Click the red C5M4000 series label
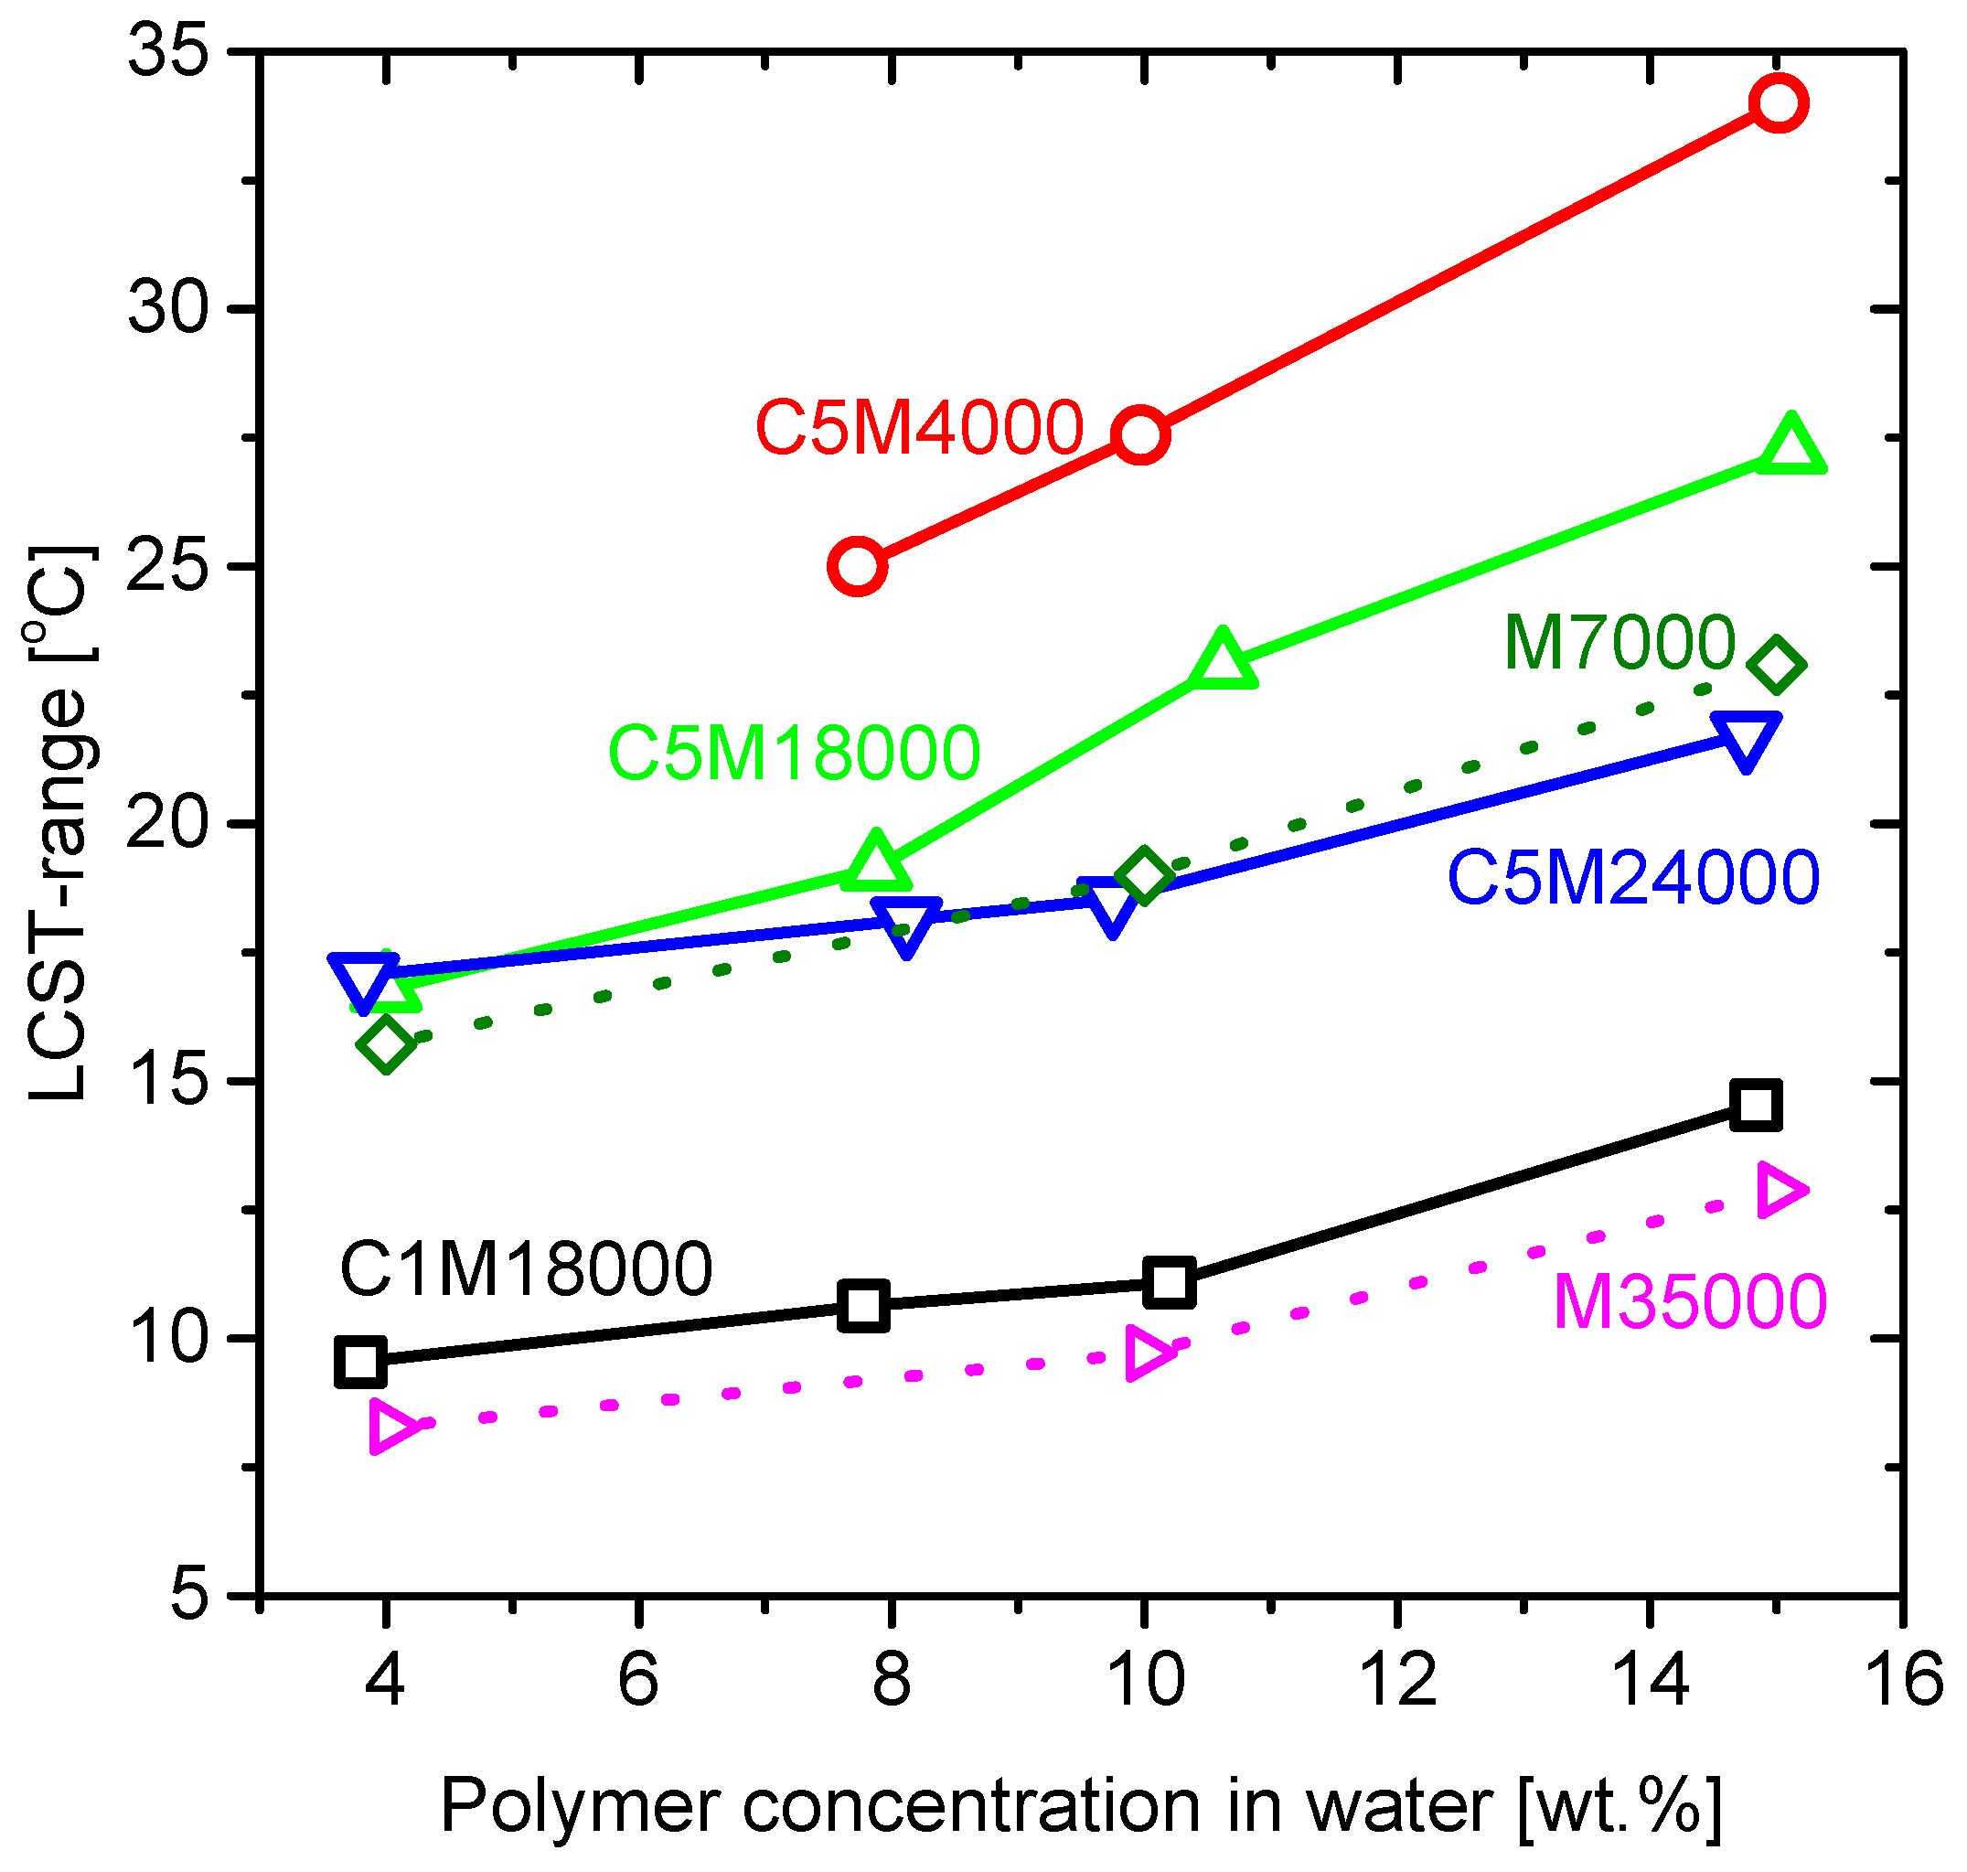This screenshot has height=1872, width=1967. point(919,428)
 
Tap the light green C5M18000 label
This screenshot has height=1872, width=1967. point(795,754)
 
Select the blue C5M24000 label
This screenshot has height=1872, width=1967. point(1633,878)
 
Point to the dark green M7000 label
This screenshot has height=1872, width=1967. point(1619,643)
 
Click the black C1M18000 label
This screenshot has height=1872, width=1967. point(526,1269)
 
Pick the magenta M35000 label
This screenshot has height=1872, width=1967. point(1690,1302)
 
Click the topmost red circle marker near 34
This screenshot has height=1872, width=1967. point(1779,102)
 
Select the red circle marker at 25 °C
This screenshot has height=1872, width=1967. point(857,567)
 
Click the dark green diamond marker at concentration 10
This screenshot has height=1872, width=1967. point(1144,877)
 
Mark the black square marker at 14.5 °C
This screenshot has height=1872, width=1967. point(1757,1105)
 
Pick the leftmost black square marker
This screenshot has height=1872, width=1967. point(361,1362)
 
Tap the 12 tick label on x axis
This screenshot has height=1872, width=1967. point(1398,1679)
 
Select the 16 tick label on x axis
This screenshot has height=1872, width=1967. point(1904,1679)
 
